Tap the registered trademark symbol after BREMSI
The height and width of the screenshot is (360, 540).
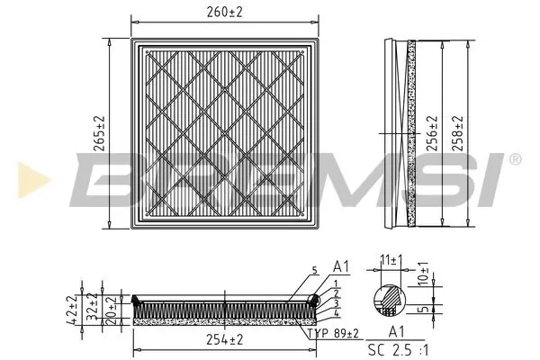pyautogui.click(x=514, y=159)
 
